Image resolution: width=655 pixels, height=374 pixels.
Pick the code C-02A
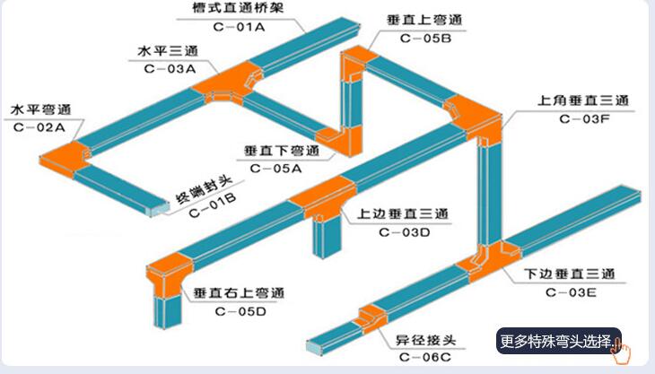pos(39,126)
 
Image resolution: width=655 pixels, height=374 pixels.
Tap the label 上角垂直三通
pos(584,100)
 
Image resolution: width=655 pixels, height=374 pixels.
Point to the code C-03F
pos(584,117)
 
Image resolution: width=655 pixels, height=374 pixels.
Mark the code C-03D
pos(404,233)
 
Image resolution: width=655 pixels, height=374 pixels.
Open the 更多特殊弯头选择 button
pos(560,341)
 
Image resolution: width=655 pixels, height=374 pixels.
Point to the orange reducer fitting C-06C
pos(370,317)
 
